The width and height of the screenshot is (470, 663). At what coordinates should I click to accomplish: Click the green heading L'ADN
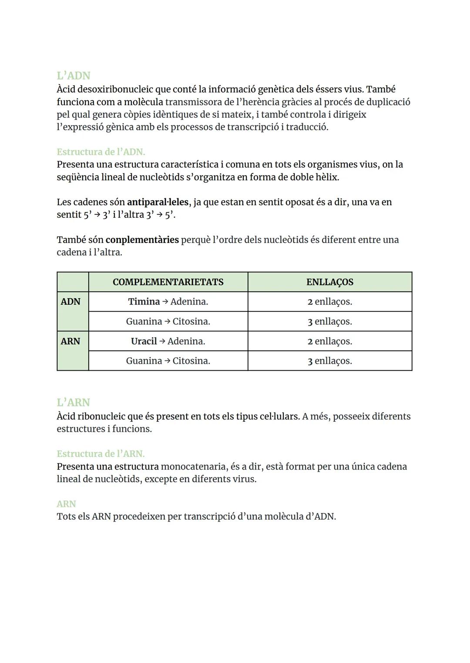[x=74, y=76]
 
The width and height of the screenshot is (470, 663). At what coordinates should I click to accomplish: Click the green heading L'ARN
[x=74, y=403]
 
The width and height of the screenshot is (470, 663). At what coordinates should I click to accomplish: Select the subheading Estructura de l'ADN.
[x=101, y=152]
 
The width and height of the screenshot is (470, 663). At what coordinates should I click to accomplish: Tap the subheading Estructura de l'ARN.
[x=101, y=454]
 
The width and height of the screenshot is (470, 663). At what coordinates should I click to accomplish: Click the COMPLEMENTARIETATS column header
[x=168, y=282]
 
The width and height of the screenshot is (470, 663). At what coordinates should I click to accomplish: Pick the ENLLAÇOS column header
[x=329, y=282]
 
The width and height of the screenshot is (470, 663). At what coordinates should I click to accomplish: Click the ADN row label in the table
[x=70, y=302]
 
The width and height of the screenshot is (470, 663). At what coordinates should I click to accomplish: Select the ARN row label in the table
[x=70, y=341]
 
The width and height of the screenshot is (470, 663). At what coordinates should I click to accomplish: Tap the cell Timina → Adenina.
[x=168, y=302]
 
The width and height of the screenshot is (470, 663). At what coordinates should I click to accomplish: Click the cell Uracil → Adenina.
[x=168, y=341]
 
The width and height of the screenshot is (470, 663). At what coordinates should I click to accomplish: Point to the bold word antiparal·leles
[x=158, y=202]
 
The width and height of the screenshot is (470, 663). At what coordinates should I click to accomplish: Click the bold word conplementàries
[x=142, y=240]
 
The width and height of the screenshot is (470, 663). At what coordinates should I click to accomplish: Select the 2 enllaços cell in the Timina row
[x=329, y=302]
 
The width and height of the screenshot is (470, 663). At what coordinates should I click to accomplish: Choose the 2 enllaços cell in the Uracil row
[x=329, y=341]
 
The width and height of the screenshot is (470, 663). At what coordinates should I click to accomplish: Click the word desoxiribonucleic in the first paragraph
[x=115, y=90]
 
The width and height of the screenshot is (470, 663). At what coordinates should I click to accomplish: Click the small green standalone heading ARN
[x=66, y=504]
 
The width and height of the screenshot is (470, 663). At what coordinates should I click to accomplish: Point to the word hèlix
[x=326, y=177]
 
